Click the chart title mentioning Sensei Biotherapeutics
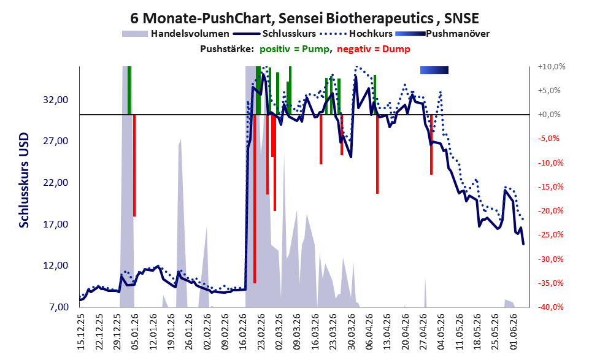[304, 18]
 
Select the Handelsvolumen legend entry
[175, 34]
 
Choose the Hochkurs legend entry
[356, 34]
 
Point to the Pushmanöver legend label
[458, 34]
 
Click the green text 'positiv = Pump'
[294, 49]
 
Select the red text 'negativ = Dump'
[374, 49]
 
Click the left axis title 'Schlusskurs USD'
[24, 180]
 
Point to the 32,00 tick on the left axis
[56, 100]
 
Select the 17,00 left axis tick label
[56, 224]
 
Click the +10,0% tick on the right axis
[552, 67]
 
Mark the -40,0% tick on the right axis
[551, 307]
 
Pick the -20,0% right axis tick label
[551, 211]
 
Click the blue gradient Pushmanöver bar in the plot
[434, 70]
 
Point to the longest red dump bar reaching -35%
[255, 199]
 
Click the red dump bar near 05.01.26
[134, 166]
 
